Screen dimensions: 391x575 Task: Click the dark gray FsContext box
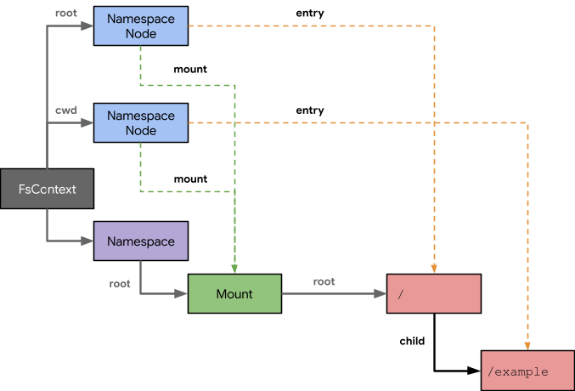pyautogui.click(x=47, y=189)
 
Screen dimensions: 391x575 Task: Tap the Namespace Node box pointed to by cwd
pyautogui.click(x=140, y=123)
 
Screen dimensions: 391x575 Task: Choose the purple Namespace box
pyautogui.click(x=140, y=241)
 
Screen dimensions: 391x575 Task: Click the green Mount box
pyautogui.click(x=234, y=294)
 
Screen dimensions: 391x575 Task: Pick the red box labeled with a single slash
pyautogui.click(x=433, y=294)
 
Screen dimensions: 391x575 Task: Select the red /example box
pyautogui.click(x=527, y=371)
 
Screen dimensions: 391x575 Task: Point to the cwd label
pyautogui.click(x=67, y=110)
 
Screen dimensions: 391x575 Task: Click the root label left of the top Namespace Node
pyautogui.click(x=66, y=13)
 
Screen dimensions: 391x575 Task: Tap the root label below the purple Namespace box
pyautogui.click(x=120, y=283)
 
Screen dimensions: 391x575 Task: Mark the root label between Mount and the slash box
pyautogui.click(x=324, y=281)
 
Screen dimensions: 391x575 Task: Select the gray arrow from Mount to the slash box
pyautogui.click(x=331, y=294)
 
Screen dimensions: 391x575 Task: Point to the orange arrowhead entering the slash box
pyautogui.click(x=434, y=269)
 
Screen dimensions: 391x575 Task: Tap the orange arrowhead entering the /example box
pyautogui.click(x=527, y=345)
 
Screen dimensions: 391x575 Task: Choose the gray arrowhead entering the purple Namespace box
pyautogui.click(x=87, y=241)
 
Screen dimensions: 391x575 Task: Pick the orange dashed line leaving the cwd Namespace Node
pyautogui.click(x=357, y=123)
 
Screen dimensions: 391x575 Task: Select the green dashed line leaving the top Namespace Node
pyautogui.click(x=187, y=85)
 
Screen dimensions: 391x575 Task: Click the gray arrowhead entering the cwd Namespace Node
pyautogui.click(x=87, y=123)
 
